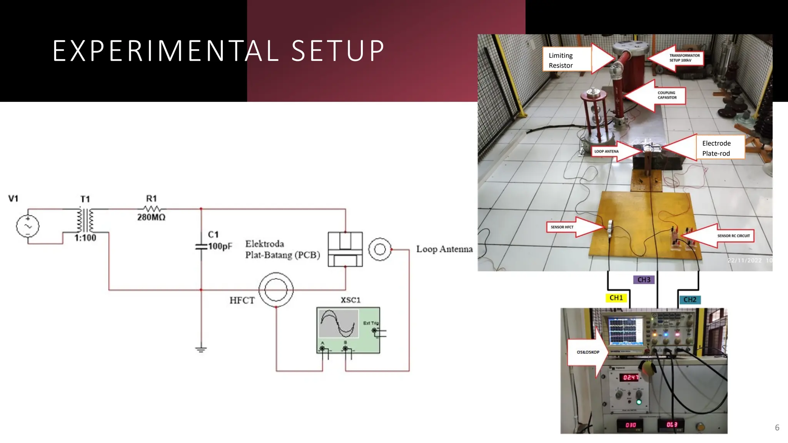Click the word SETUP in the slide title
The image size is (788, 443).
coord(338,51)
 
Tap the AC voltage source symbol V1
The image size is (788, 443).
coord(28,226)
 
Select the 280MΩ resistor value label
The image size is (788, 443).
coord(151,217)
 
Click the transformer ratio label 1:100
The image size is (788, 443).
coord(85,238)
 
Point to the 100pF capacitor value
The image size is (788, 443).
coord(220,246)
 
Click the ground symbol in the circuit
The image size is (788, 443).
coord(201,350)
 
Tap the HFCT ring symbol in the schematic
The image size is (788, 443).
coord(276,290)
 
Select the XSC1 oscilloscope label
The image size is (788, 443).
coord(351,300)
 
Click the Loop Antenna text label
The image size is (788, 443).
coord(444,249)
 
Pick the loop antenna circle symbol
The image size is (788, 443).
coord(380,250)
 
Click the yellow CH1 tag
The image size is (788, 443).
coord(616,298)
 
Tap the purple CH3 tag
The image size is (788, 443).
coord(644,280)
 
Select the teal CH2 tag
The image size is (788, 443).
coord(689,300)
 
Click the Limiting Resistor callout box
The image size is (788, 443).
coord(566,60)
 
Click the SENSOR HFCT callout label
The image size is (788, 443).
coord(562,227)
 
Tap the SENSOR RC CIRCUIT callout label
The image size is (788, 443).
coord(733,236)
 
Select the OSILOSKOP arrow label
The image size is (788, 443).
coord(588,352)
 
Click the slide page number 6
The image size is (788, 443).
coord(777,428)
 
